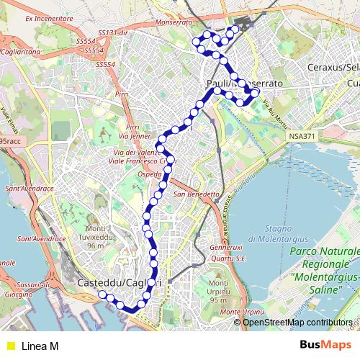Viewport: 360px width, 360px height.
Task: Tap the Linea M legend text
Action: [x=40, y=346]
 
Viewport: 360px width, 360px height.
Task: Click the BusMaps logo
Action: [x=325, y=346]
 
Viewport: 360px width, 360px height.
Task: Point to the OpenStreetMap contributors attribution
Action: [x=297, y=322]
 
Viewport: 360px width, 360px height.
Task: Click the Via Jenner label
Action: [x=135, y=135]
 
